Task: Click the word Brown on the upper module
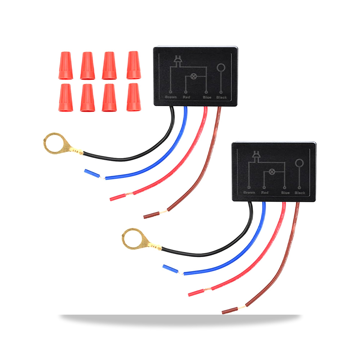click(171, 97)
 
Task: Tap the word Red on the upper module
click(186, 97)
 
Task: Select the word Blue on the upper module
click(207, 97)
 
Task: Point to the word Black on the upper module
click(221, 97)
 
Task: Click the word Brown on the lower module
click(249, 192)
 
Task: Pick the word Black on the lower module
click(300, 193)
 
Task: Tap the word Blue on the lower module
click(285, 193)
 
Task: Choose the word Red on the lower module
click(265, 193)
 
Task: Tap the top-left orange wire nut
click(66, 66)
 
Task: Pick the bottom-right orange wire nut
click(134, 97)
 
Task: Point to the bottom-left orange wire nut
click(66, 98)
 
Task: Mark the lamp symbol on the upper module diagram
click(194, 76)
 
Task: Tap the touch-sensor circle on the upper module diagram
click(221, 68)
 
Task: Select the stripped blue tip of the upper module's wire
click(92, 174)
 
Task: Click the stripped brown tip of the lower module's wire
click(230, 310)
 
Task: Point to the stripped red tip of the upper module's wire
click(118, 197)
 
